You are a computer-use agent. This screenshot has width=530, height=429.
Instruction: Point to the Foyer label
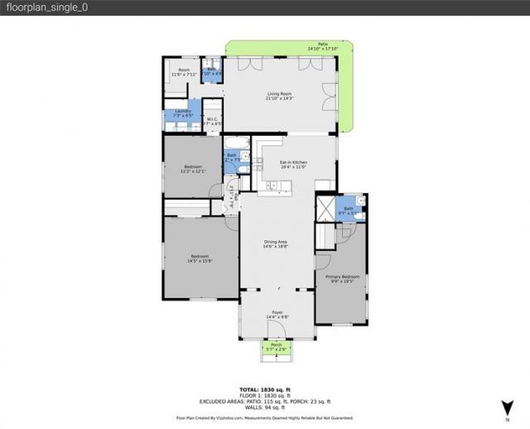[x=277, y=315]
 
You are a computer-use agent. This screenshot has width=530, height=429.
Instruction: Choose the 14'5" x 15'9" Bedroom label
[x=196, y=258]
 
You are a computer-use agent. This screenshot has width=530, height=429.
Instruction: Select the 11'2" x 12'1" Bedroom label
[x=192, y=169]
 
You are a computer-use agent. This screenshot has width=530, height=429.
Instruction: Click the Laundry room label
[x=183, y=113]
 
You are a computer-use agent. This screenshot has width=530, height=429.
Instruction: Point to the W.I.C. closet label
[x=212, y=121]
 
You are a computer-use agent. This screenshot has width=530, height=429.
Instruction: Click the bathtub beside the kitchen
[x=238, y=142]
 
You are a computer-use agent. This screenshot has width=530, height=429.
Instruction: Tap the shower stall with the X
[x=327, y=208]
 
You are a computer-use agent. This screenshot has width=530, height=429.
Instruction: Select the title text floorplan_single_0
[x=48, y=7]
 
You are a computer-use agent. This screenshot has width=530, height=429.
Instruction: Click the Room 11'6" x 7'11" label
[x=183, y=72]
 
